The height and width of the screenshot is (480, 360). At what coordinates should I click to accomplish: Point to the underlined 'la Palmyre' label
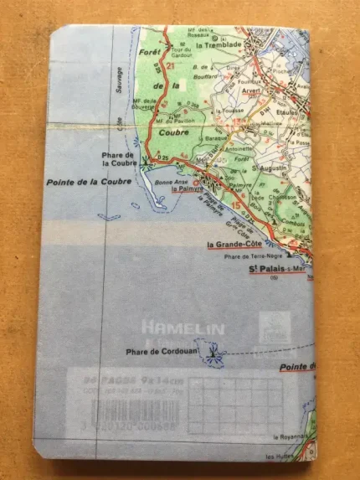click(x=188, y=190)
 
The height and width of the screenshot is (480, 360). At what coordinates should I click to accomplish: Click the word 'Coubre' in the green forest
click(x=172, y=131)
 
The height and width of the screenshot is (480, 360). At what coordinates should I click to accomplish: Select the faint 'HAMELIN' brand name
click(x=171, y=327)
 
